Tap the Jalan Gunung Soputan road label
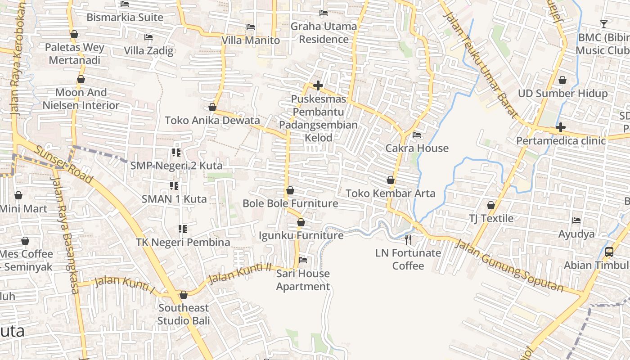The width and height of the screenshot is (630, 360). (x=509, y=266)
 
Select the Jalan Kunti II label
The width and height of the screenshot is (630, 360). (x=240, y=272)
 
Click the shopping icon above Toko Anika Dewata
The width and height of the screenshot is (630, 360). (x=212, y=108)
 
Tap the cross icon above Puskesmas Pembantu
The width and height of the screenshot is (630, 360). (x=318, y=85)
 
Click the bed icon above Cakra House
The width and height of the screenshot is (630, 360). (x=417, y=135)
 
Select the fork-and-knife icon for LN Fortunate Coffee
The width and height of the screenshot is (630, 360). (x=408, y=239)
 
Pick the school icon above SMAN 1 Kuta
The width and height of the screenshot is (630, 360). (x=174, y=186)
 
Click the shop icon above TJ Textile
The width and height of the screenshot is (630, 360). (x=491, y=206)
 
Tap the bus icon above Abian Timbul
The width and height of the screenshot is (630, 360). (x=609, y=252)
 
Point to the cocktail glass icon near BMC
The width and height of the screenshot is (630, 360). (x=603, y=24)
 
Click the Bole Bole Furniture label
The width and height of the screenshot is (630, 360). (x=290, y=203)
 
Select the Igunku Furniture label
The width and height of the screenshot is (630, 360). (x=301, y=235)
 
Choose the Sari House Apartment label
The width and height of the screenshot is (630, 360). (x=303, y=280)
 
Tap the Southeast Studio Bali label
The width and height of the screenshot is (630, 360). (x=184, y=314)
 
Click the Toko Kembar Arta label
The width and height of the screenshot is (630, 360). (x=391, y=193)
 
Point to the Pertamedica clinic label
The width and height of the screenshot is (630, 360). (x=561, y=140)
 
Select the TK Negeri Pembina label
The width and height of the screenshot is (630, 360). (x=183, y=242)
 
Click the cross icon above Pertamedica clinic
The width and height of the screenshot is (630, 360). (x=560, y=128)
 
